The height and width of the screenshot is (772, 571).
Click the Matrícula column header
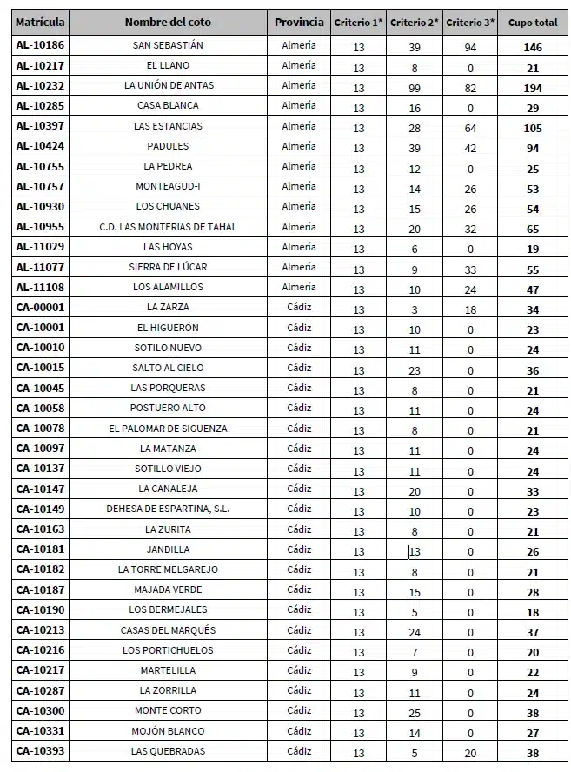click(x=41, y=23)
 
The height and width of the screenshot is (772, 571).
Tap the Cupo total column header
click(x=533, y=23)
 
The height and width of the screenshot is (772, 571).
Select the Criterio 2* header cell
click(x=415, y=23)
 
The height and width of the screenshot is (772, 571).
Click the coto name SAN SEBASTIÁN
click(x=168, y=45)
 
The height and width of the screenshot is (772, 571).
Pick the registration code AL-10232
click(x=41, y=85)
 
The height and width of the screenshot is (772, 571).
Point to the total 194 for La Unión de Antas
click(x=533, y=88)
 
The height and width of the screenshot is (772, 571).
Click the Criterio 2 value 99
click(x=415, y=88)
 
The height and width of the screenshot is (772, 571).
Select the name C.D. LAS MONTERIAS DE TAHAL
click(x=168, y=227)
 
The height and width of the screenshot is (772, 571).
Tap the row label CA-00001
click(x=41, y=307)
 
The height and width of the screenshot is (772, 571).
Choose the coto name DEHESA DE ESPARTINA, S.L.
click(x=168, y=509)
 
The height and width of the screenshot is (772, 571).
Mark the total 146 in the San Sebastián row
click(x=533, y=48)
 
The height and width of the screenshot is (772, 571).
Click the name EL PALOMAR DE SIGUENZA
click(x=168, y=429)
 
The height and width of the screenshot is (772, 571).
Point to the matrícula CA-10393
click(x=41, y=750)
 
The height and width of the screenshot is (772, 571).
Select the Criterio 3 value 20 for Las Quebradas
click(x=471, y=754)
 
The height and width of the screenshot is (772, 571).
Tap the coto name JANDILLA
click(x=168, y=549)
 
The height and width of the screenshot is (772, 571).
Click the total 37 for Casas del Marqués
click(x=533, y=633)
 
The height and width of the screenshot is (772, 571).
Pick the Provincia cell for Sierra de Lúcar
click(x=299, y=267)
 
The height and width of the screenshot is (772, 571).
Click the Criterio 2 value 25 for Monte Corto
click(x=415, y=714)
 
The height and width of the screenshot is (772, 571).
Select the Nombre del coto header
click(x=168, y=23)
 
